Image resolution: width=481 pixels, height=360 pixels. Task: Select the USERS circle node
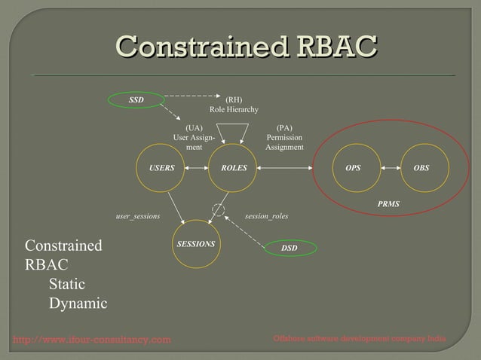pyautogui.click(x=161, y=168)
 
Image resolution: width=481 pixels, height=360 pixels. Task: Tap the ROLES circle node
pyautogui.click(x=234, y=168)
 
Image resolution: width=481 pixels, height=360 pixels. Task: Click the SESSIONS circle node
pyautogui.click(x=196, y=244)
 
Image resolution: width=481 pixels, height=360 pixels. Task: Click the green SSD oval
pyautogui.click(x=136, y=99)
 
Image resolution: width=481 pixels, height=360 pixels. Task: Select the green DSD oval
pyautogui.click(x=290, y=247)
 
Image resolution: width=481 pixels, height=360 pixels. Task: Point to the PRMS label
pyautogui.click(x=388, y=204)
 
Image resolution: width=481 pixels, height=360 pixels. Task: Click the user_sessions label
pyautogui.click(x=137, y=216)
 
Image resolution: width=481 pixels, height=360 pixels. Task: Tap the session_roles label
pyautogui.click(x=266, y=216)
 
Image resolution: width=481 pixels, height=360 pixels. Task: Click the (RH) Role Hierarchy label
pyautogui.click(x=234, y=105)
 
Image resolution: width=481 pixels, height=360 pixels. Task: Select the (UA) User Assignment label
pyautogui.click(x=194, y=138)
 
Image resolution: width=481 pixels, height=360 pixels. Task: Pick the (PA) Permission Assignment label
pyautogui.click(x=284, y=138)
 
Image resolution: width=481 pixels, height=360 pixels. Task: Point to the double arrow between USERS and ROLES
pyautogui.click(x=197, y=168)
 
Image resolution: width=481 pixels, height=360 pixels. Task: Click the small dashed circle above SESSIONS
pyautogui.click(x=219, y=209)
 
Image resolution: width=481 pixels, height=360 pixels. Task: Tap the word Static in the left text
pyautogui.click(x=66, y=285)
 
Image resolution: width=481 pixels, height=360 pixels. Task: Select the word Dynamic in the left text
pyautogui.click(x=78, y=304)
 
